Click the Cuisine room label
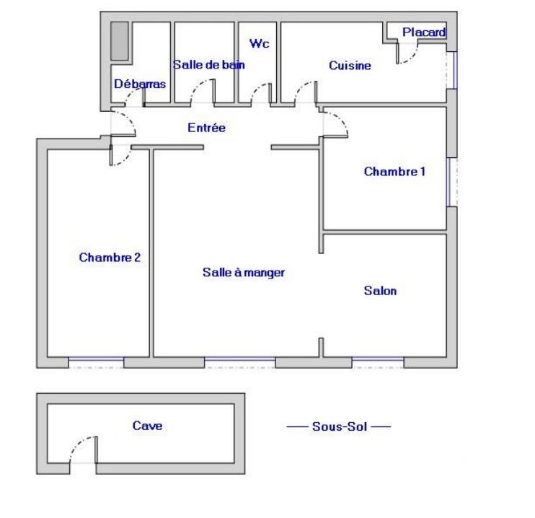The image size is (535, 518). click(350, 66)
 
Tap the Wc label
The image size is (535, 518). click(259, 44)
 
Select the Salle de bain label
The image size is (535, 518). click(208, 64)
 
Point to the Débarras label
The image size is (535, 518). click(140, 84)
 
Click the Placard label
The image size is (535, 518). click(424, 32)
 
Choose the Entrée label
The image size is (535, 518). click(207, 128)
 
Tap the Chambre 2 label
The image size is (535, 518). click(110, 257)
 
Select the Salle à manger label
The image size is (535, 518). click(244, 273)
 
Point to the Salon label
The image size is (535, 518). click(380, 291)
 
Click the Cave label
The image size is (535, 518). click(147, 426)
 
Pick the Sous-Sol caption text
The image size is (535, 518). click(340, 426)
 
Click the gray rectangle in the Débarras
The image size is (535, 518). click(120, 41)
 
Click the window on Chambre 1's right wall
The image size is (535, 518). click(452, 181)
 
